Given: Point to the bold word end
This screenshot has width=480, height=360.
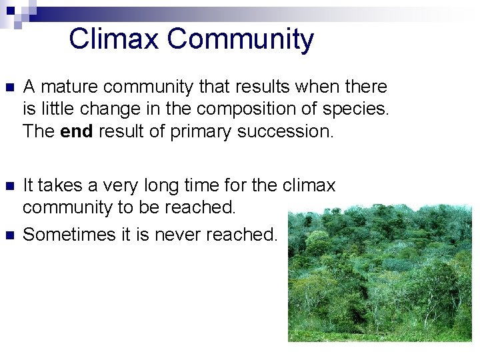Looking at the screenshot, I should [77, 131].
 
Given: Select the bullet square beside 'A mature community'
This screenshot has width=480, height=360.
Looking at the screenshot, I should [9, 88].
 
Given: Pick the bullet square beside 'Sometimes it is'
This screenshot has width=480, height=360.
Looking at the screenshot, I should [9, 235].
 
